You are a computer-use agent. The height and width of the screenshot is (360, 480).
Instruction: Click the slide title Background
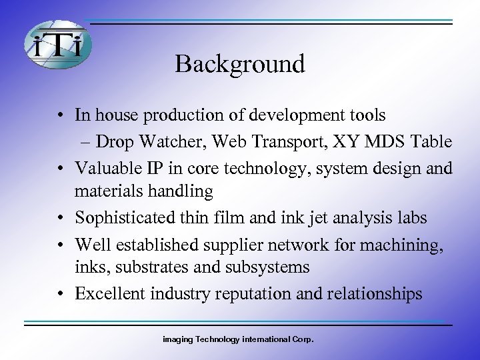240,64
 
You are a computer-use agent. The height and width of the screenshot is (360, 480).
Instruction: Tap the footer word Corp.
303,339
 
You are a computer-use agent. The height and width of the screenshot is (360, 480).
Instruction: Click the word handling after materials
180,192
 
